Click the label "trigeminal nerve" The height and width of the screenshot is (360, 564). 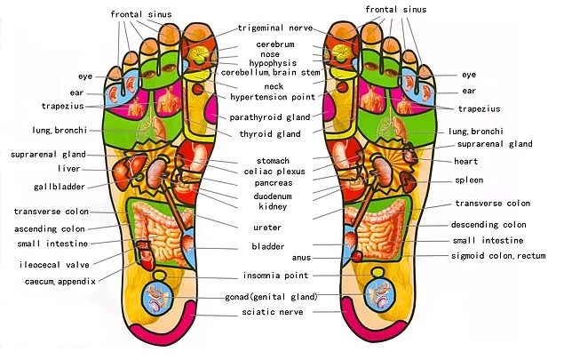[x=275, y=28]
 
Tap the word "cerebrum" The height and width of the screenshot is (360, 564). [x=275, y=44]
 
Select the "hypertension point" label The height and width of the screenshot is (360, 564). [x=273, y=97]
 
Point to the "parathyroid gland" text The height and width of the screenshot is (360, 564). [x=270, y=117]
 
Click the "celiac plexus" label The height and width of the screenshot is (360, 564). [x=274, y=172]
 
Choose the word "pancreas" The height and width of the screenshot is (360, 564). [x=274, y=183]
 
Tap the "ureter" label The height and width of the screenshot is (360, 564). [x=267, y=228]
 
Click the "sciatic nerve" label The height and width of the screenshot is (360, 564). [x=273, y=312]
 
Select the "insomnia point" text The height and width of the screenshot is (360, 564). [x=276, y=276]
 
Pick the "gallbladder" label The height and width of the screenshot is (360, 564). [x=60, y=187]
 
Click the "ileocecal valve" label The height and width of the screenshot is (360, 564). [x=54, y=265]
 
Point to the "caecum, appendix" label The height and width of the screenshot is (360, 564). [x=60, y=282]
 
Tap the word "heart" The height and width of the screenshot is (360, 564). [x=465, y=161]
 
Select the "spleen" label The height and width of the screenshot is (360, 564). [x=469, y=180]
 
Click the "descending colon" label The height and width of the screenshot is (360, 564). [x=489, y=225]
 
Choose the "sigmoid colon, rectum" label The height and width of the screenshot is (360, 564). [x=498, y=256]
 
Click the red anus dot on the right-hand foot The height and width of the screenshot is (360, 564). [x=357, y=257]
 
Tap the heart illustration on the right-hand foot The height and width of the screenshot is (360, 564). [x=409, y=154]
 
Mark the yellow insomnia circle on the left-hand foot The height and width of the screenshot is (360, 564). [x=159, y=276]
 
